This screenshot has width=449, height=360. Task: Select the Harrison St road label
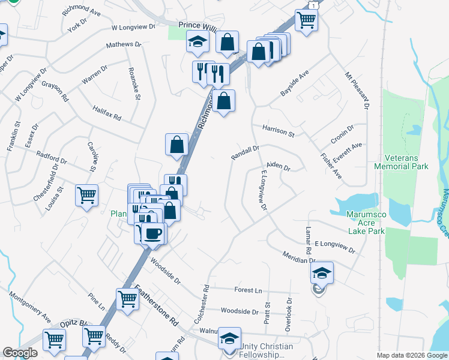click(x=278, y=131)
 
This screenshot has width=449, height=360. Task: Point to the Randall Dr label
click(x=246, y=152)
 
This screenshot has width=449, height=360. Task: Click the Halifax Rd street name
click(x=107, y=113)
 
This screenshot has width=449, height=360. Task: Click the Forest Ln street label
click(x=248, y=290)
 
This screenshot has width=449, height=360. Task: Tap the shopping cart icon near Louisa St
click(x=86, y=196)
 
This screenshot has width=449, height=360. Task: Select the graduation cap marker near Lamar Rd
click(x=322, y=274)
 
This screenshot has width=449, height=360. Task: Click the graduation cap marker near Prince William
click(x=196, y=43)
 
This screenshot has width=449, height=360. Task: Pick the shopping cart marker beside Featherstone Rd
click(x=127, y=299)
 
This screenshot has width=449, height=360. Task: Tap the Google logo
click(x=20, y=353)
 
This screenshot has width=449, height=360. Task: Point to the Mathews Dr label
click(x=123, y=45)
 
